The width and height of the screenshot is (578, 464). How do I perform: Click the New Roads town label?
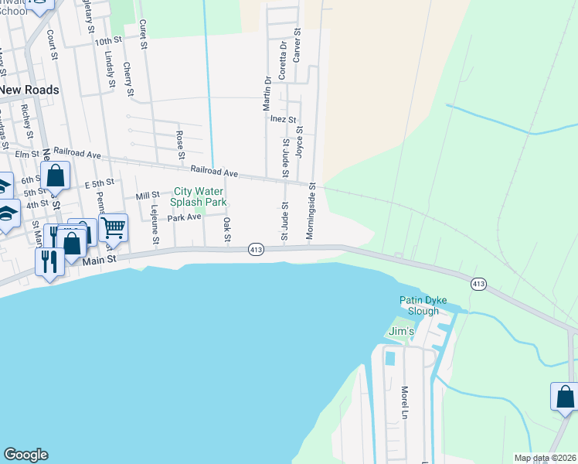tap(29, 90)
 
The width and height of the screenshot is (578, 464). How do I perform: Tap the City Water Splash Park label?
tap(199, 196)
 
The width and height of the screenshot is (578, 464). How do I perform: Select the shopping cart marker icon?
tap(113, 227)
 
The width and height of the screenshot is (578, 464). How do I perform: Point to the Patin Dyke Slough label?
tap(430, 305)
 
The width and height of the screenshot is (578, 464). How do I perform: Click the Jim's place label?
tap(401, 331)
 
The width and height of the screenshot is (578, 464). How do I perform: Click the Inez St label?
tap(283, 119)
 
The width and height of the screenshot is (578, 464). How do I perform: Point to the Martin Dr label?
tap(267, 90)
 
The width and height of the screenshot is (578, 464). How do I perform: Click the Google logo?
tap(25, 455)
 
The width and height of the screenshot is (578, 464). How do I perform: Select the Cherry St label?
tap(127, 80)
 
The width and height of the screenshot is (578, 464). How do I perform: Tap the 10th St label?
tap(109, 39)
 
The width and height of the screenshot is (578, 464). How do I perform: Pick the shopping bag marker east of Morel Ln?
tap(564, 397)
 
